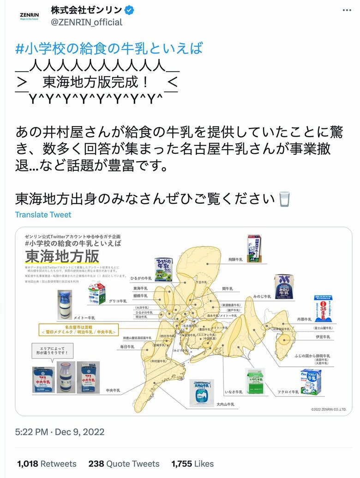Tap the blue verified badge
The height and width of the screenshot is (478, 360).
[x=130, y=10]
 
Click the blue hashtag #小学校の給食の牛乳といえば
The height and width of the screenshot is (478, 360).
[x=109, y=48]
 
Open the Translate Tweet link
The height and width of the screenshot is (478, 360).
[x=43, y=215]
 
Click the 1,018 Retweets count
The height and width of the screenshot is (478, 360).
[x=47, y=464]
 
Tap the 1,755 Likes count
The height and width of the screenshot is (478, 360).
[x=192, y=464]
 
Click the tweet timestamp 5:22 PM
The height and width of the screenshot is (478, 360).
[x=31, y=432]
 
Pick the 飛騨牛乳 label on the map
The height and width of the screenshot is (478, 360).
[x=235, y=260]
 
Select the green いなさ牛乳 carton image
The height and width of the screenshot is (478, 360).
[x=255, y=381]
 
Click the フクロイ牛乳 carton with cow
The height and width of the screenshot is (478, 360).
[x=311, y=381]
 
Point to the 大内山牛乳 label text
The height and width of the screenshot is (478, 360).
[x=225, y=404]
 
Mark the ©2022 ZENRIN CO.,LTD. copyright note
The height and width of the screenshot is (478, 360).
[x=329, y=409]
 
